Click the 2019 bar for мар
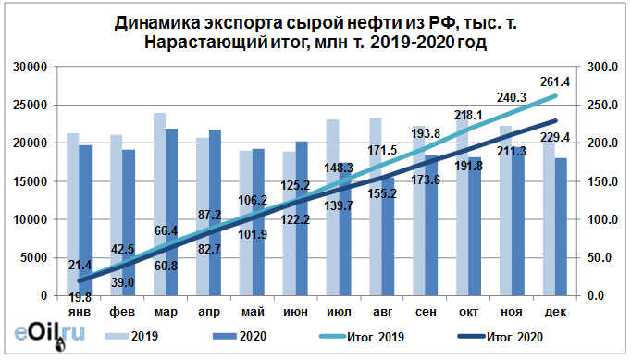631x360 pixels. (x=159, y=204)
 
